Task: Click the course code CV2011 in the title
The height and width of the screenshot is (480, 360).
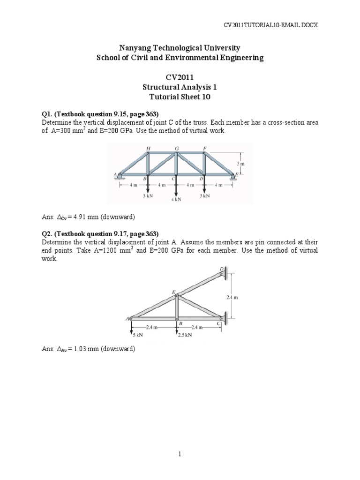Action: (x=180, y=77)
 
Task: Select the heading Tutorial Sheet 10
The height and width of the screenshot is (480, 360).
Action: (x=180, y=97)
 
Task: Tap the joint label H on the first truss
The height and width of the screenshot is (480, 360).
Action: (x=148, y=149)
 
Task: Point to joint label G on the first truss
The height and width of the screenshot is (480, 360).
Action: (x=177, y=149)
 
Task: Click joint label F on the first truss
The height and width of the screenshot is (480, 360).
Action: (x=205, y=149)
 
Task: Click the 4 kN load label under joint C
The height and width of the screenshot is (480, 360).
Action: (x=176, y=199)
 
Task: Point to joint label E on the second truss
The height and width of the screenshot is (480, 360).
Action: (x=173, y=292)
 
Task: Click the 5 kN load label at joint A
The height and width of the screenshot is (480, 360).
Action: (x=136, y=335)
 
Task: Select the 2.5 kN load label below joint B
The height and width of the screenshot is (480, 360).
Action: (x=184, y=335)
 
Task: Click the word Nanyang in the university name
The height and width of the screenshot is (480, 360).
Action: (x=134, y=48)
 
